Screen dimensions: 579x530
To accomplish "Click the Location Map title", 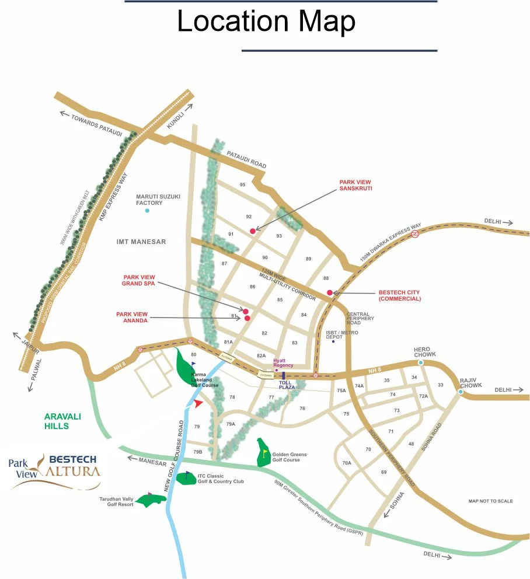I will click(x=266, y=22).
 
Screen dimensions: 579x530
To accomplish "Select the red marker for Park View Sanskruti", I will click(x=253, y=231).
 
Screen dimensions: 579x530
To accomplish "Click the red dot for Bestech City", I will click(x=330, y=292).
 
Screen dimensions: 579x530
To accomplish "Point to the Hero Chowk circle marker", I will click(x=421, y=362).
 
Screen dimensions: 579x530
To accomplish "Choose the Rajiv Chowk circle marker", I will click(x=461, y=392).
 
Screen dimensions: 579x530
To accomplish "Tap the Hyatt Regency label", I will click(x=283, y=363).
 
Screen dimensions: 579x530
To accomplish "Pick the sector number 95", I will click(x=242, y=185).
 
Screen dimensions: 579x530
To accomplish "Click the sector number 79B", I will click(x=197, y=452).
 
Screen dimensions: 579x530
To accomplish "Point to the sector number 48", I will click(x=411, y=444).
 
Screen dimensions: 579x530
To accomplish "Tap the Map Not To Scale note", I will click(x=490, y=501).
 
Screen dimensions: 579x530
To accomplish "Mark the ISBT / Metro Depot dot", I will click(x=333, y=341).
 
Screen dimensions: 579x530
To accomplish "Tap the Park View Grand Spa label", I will click(x=139, y=281).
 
